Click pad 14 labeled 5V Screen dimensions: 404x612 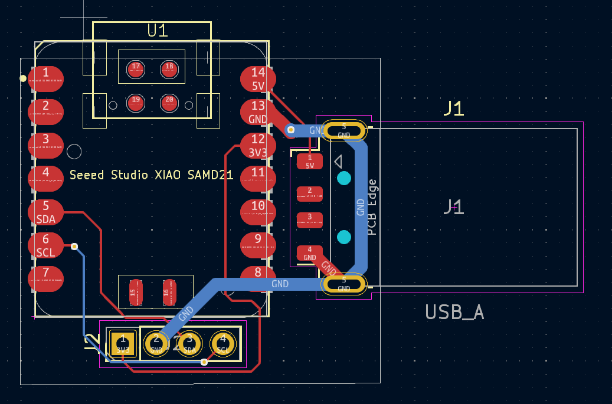tap(258, 78)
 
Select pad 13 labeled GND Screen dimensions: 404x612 tap(258, 112)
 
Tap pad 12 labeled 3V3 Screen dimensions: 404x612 tap(258, 146)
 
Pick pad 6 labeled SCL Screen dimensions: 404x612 tap(45, 245)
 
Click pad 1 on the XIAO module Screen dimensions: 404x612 tap(45, 78)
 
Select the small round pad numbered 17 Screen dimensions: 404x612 tap(136, 69)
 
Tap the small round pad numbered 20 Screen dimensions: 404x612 tap(169, 103)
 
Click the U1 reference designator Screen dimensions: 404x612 tap(158, 31)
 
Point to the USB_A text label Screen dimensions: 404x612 tap(454, 313)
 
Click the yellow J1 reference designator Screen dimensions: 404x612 tap(454, 109)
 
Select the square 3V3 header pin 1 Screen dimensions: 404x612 tap(123, 343)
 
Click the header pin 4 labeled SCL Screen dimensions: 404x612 tap(223, 343)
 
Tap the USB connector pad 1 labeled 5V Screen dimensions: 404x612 tap(310, 161)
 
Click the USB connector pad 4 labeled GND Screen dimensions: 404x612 tap(310, 253)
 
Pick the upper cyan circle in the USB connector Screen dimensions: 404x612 tap(343, 178)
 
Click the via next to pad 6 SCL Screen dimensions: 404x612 tap(74, 247)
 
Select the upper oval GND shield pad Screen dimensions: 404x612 tap(344, 131)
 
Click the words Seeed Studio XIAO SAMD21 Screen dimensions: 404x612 tap(151, 175)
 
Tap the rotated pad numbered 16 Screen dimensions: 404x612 tap(169, 293)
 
